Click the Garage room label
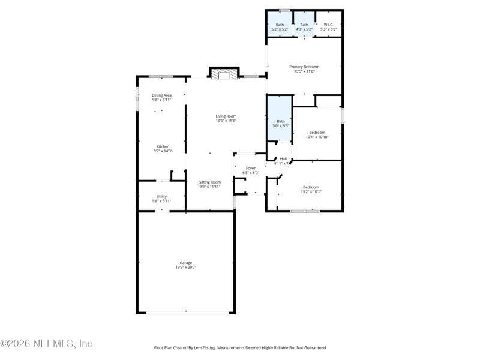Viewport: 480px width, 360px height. (x=185, y=262)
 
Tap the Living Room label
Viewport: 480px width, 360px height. (x=226, y=116)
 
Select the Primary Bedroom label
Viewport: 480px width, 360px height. (x=304, y=67)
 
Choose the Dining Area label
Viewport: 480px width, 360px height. (x=161, y=95)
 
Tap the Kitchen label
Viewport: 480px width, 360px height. (x=163, y=146)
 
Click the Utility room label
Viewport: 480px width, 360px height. (x=161, y=196)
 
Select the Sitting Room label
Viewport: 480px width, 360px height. (x=210, y=182)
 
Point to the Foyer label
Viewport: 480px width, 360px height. (x=251, y=168)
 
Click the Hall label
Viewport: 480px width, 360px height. (x=283, y=158)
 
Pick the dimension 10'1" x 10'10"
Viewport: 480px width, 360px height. (x=317, y=137)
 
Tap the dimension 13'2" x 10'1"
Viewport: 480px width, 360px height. (x=311, y=192)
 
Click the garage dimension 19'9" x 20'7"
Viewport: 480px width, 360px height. (x=185, y=267)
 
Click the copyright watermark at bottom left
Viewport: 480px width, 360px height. (x=46, y=344)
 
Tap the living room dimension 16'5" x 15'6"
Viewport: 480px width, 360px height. (x=226, y=121)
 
